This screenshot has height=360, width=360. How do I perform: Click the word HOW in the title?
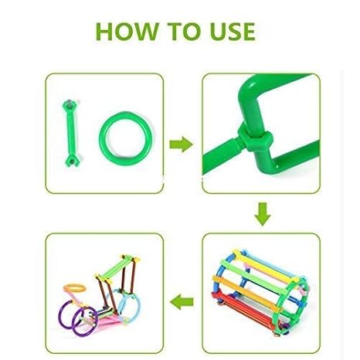127,32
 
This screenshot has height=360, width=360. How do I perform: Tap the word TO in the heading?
184,32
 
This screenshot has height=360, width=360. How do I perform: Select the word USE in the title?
233,32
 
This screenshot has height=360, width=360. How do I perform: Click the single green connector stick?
71,134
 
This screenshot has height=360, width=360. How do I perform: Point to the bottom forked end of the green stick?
72,161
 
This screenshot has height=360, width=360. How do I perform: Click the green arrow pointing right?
181,144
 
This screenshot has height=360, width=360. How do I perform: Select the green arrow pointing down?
263,214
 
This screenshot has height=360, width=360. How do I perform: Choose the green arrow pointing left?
182,301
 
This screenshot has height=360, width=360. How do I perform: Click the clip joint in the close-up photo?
254,138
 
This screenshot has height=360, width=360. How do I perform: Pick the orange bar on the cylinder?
245,292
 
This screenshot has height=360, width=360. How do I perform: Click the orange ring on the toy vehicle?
75,287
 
